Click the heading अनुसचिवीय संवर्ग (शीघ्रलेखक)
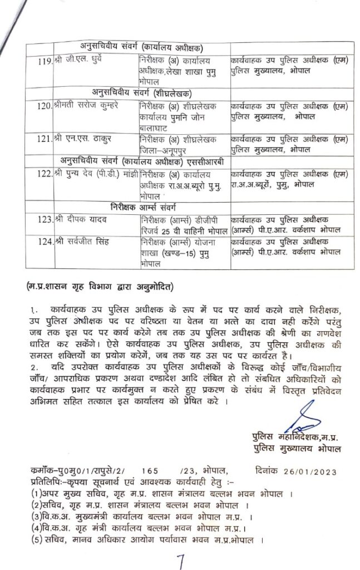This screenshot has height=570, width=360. pyautogui.click(x=146, y=92)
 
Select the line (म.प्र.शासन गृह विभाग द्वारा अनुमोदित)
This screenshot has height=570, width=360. pyautogui.click(x=101, y=287)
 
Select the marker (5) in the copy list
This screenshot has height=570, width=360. pyautogui.click(x=38, y=540)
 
